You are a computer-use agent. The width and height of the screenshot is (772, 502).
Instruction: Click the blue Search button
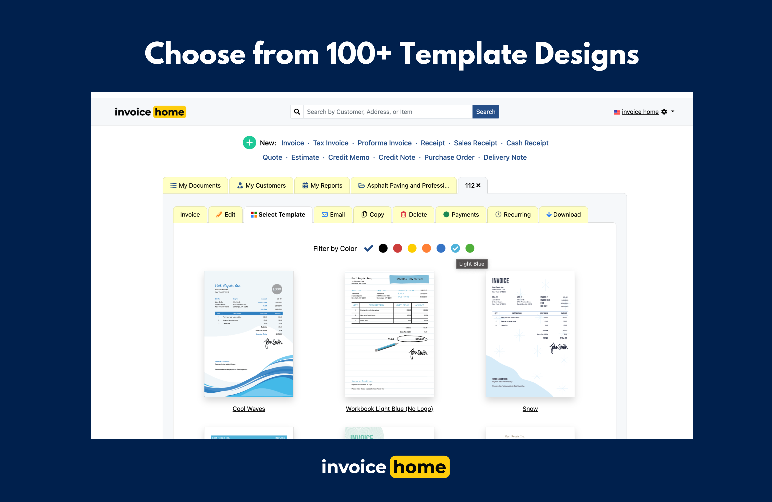tap(485, 112)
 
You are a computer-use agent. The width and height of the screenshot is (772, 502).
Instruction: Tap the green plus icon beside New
tap(249, 143)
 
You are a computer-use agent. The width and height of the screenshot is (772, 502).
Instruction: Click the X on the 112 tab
tap(478, 185)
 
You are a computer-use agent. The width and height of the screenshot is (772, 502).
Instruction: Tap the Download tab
tap(563, 215)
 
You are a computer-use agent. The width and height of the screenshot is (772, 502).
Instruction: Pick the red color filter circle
tap(397, 248)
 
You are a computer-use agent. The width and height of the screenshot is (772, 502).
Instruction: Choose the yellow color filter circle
tap(412, 248)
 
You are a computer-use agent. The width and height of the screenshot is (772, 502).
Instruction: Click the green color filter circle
tap(470, 248)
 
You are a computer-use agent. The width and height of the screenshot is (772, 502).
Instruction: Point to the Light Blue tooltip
tap(471, 264)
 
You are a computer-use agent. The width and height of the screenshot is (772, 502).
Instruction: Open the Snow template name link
tap(530, 408)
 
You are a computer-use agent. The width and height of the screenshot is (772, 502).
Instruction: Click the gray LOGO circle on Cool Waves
tap(277, 289)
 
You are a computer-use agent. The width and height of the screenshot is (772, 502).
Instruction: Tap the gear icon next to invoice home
tap(664, 112)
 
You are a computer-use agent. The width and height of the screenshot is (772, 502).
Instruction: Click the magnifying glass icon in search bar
tap(297, 112)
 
